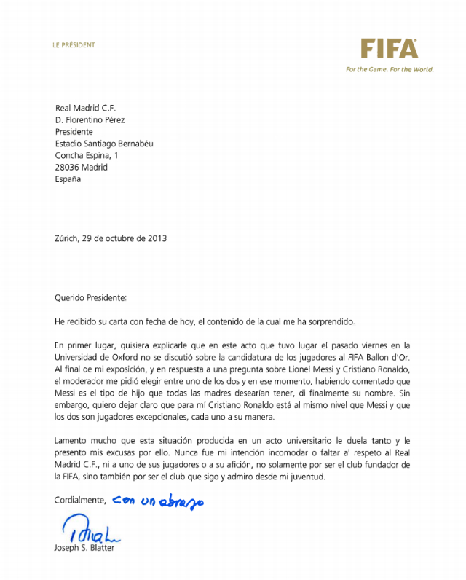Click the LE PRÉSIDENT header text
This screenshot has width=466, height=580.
(74, 45)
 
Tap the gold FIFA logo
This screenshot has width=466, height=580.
(390, 49)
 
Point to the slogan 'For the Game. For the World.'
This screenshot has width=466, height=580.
(390, 70)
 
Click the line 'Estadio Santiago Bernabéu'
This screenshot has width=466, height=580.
(104, 144)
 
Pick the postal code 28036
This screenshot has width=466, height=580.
(67, 167)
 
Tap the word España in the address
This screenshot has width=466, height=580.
(68, 179)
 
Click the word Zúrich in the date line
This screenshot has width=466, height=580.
(67, 238)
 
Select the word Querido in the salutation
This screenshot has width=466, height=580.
(71, 297)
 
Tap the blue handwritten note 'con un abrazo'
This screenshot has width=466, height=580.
(158, 501)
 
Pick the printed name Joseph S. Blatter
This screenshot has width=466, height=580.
(84, 548)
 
